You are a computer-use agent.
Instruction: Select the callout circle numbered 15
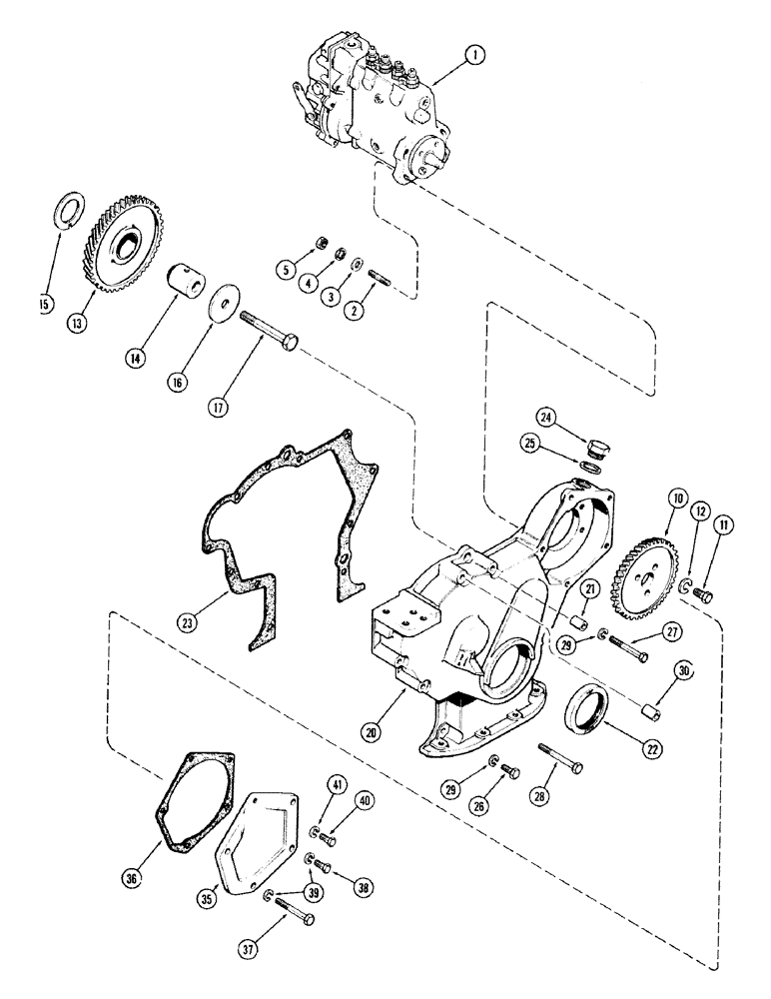pyautogui.click(x=45, y=303)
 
